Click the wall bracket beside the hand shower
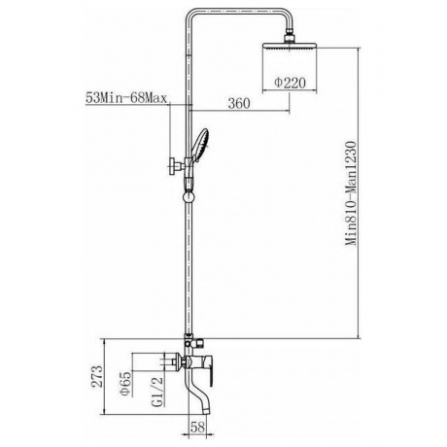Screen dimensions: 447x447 click(x=173, y=167)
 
